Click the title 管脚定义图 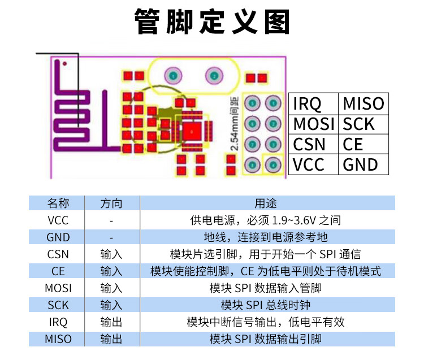click(x=212, y=21)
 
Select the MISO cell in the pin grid click(x=364, y=103)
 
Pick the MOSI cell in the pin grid click(x=314, y=124)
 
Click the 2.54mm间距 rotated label click(x=234, y=124)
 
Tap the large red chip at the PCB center click(x=192, y=131)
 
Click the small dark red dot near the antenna click(x=64, y=64)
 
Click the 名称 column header click(x=58, y=203)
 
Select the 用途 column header click(x=266, y=203)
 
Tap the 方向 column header click(x=111, y=203)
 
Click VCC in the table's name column click(x=58, y=220)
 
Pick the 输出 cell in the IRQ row click(x=111, y=322)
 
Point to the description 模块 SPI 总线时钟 click(x=266, y=305)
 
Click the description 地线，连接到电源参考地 click(x=266, y=237)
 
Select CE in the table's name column click(x=58, y=271)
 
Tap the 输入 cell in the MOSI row click(x=111, y=288)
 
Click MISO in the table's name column click(x=58, y=339)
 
